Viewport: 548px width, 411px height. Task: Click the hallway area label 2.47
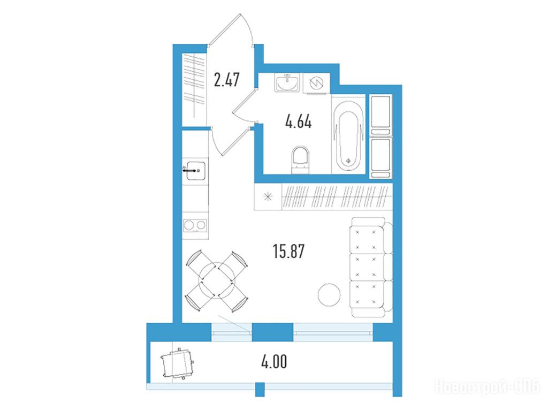click(226, 80)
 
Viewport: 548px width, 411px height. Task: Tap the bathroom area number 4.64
click(299, 121)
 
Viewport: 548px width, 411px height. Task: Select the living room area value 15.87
click(288, 251)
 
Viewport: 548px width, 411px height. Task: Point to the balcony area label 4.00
click(274, 361)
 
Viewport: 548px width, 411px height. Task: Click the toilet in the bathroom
click(301, 159)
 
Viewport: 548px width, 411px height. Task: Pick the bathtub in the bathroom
click(348, 136)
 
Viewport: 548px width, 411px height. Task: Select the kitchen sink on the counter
click(195, 170)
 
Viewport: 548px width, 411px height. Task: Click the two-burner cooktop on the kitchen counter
click(195, 225)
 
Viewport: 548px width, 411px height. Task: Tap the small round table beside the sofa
click(329, 295)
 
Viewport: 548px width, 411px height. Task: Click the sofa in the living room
click(371, 267)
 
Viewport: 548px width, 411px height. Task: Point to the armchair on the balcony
click(178, 363)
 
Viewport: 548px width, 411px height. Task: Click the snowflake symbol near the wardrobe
click(268, 197)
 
